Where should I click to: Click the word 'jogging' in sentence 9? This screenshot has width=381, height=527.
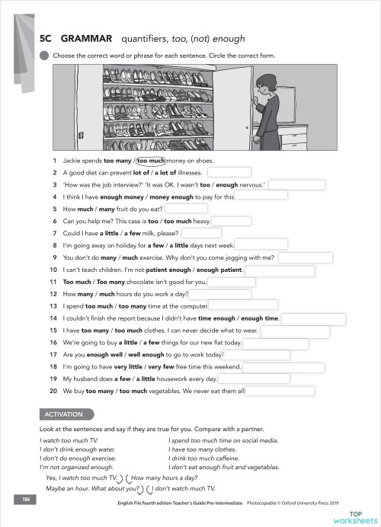[x=237, y=257]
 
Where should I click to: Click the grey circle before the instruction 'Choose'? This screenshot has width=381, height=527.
[x=44, y=56]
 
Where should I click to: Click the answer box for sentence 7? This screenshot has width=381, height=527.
[x=202, y=233]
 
